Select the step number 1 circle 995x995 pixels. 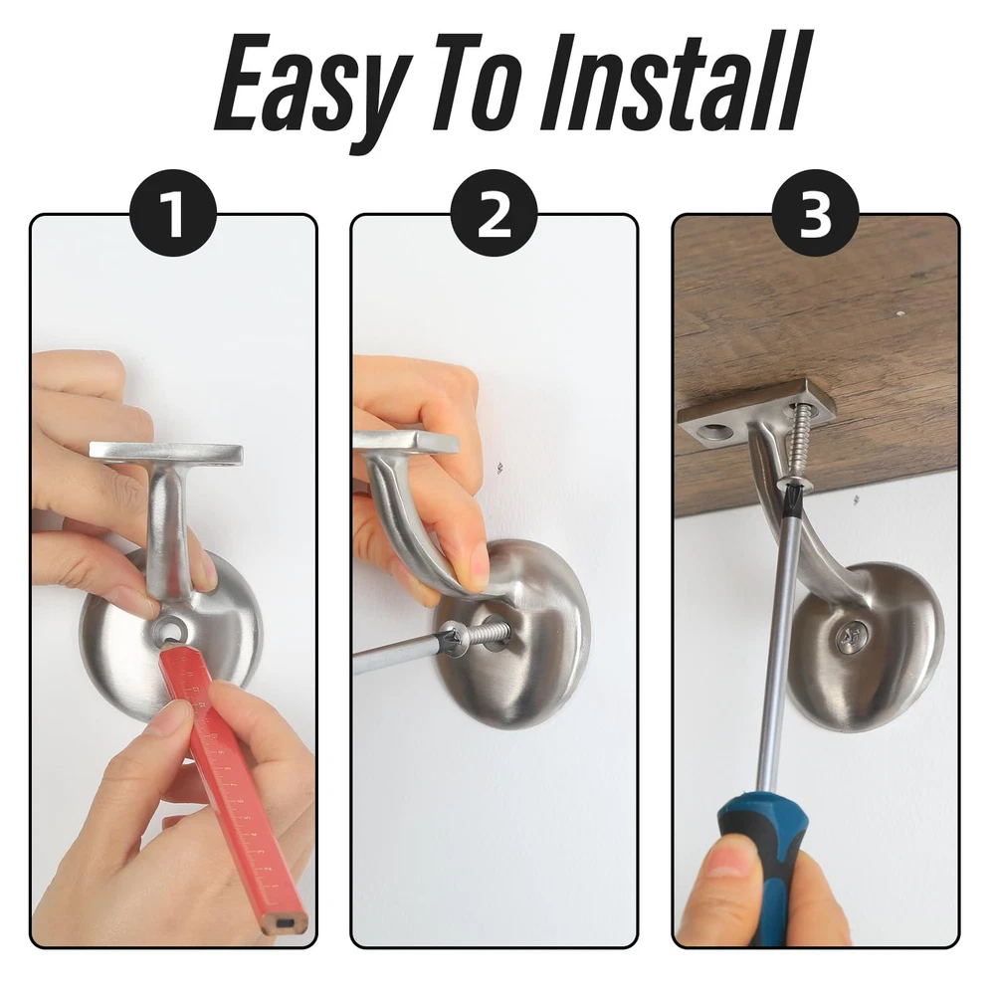point(172,214)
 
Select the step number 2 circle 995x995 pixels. point(495,214)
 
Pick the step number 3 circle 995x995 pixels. point(816,214)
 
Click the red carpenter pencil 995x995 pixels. point(236,787)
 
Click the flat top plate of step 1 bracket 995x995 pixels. point(166,451)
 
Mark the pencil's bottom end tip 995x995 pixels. point(286,926)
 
